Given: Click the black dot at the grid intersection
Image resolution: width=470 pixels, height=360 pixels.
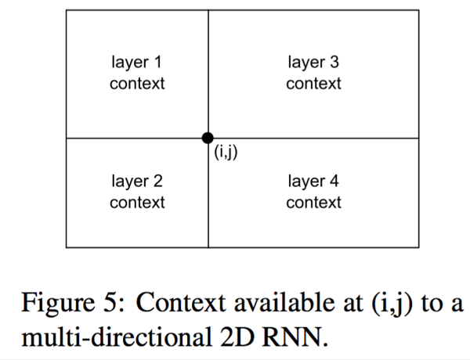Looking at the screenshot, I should pos(208,138).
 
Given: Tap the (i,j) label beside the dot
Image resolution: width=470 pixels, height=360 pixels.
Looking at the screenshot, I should pos(225,152).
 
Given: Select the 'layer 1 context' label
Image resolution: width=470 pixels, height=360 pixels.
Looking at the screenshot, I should pos(137,73).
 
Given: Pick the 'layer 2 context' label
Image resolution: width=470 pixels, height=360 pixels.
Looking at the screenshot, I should pos(137,193).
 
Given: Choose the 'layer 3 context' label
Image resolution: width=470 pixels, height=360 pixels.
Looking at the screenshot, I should pos(313,73).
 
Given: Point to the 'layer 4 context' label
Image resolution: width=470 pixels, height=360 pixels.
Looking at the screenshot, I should pos(313,193).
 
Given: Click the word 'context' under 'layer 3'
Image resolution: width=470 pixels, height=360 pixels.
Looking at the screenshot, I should pos(313,83).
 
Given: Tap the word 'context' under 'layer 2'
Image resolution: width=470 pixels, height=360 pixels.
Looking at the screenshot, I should pos(137,203).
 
